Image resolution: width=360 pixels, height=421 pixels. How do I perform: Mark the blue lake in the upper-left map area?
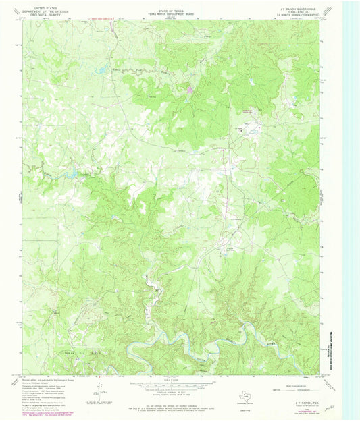[101, 69]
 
